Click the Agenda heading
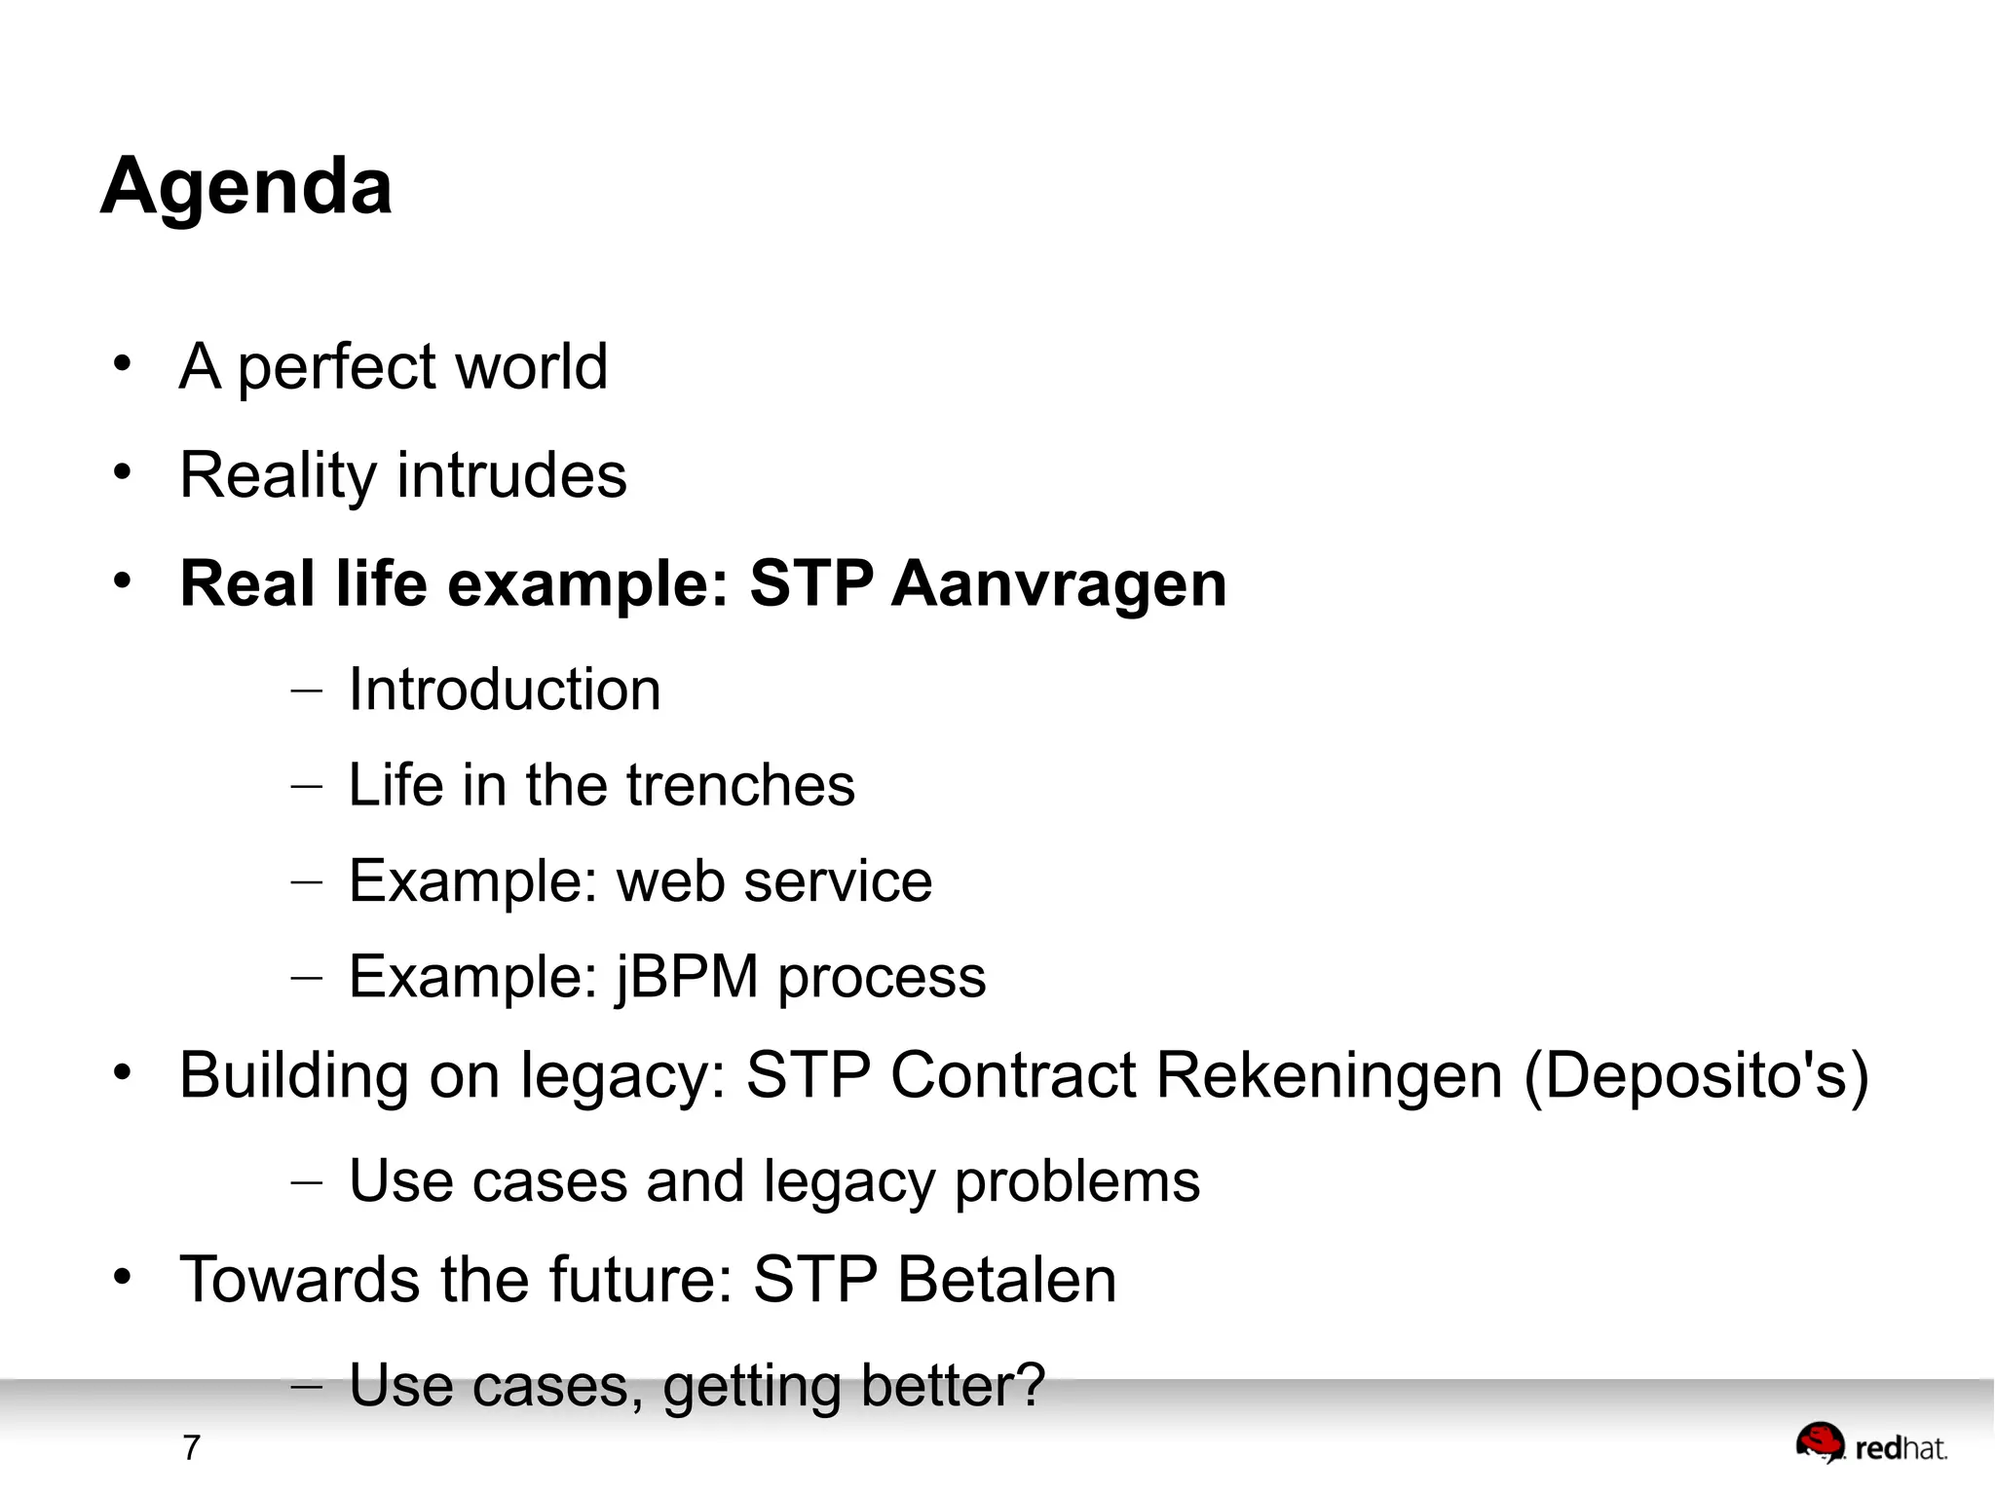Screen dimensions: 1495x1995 coord(246,186)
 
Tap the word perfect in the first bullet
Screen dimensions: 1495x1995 coord(337,368)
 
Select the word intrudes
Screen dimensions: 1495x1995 coord(511,475)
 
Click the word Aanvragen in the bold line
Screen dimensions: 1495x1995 coord(1058,584)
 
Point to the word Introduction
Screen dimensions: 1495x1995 coord(505,690)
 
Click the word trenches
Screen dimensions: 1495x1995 coord(740,785)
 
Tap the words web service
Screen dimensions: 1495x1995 coord(774,881)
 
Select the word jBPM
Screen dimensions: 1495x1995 coord(687,977)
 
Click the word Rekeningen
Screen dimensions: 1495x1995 coord(1329,1076)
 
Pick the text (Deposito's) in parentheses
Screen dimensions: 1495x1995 coord(1696,1076)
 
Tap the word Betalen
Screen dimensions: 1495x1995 coord(1006,1280)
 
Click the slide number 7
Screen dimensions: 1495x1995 coord(191,1448)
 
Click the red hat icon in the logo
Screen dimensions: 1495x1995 coord(1820,1441)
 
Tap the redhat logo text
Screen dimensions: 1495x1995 coord(1901,1449)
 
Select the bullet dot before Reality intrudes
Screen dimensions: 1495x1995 coord(122,472)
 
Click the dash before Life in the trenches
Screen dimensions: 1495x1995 coord(306,785)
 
